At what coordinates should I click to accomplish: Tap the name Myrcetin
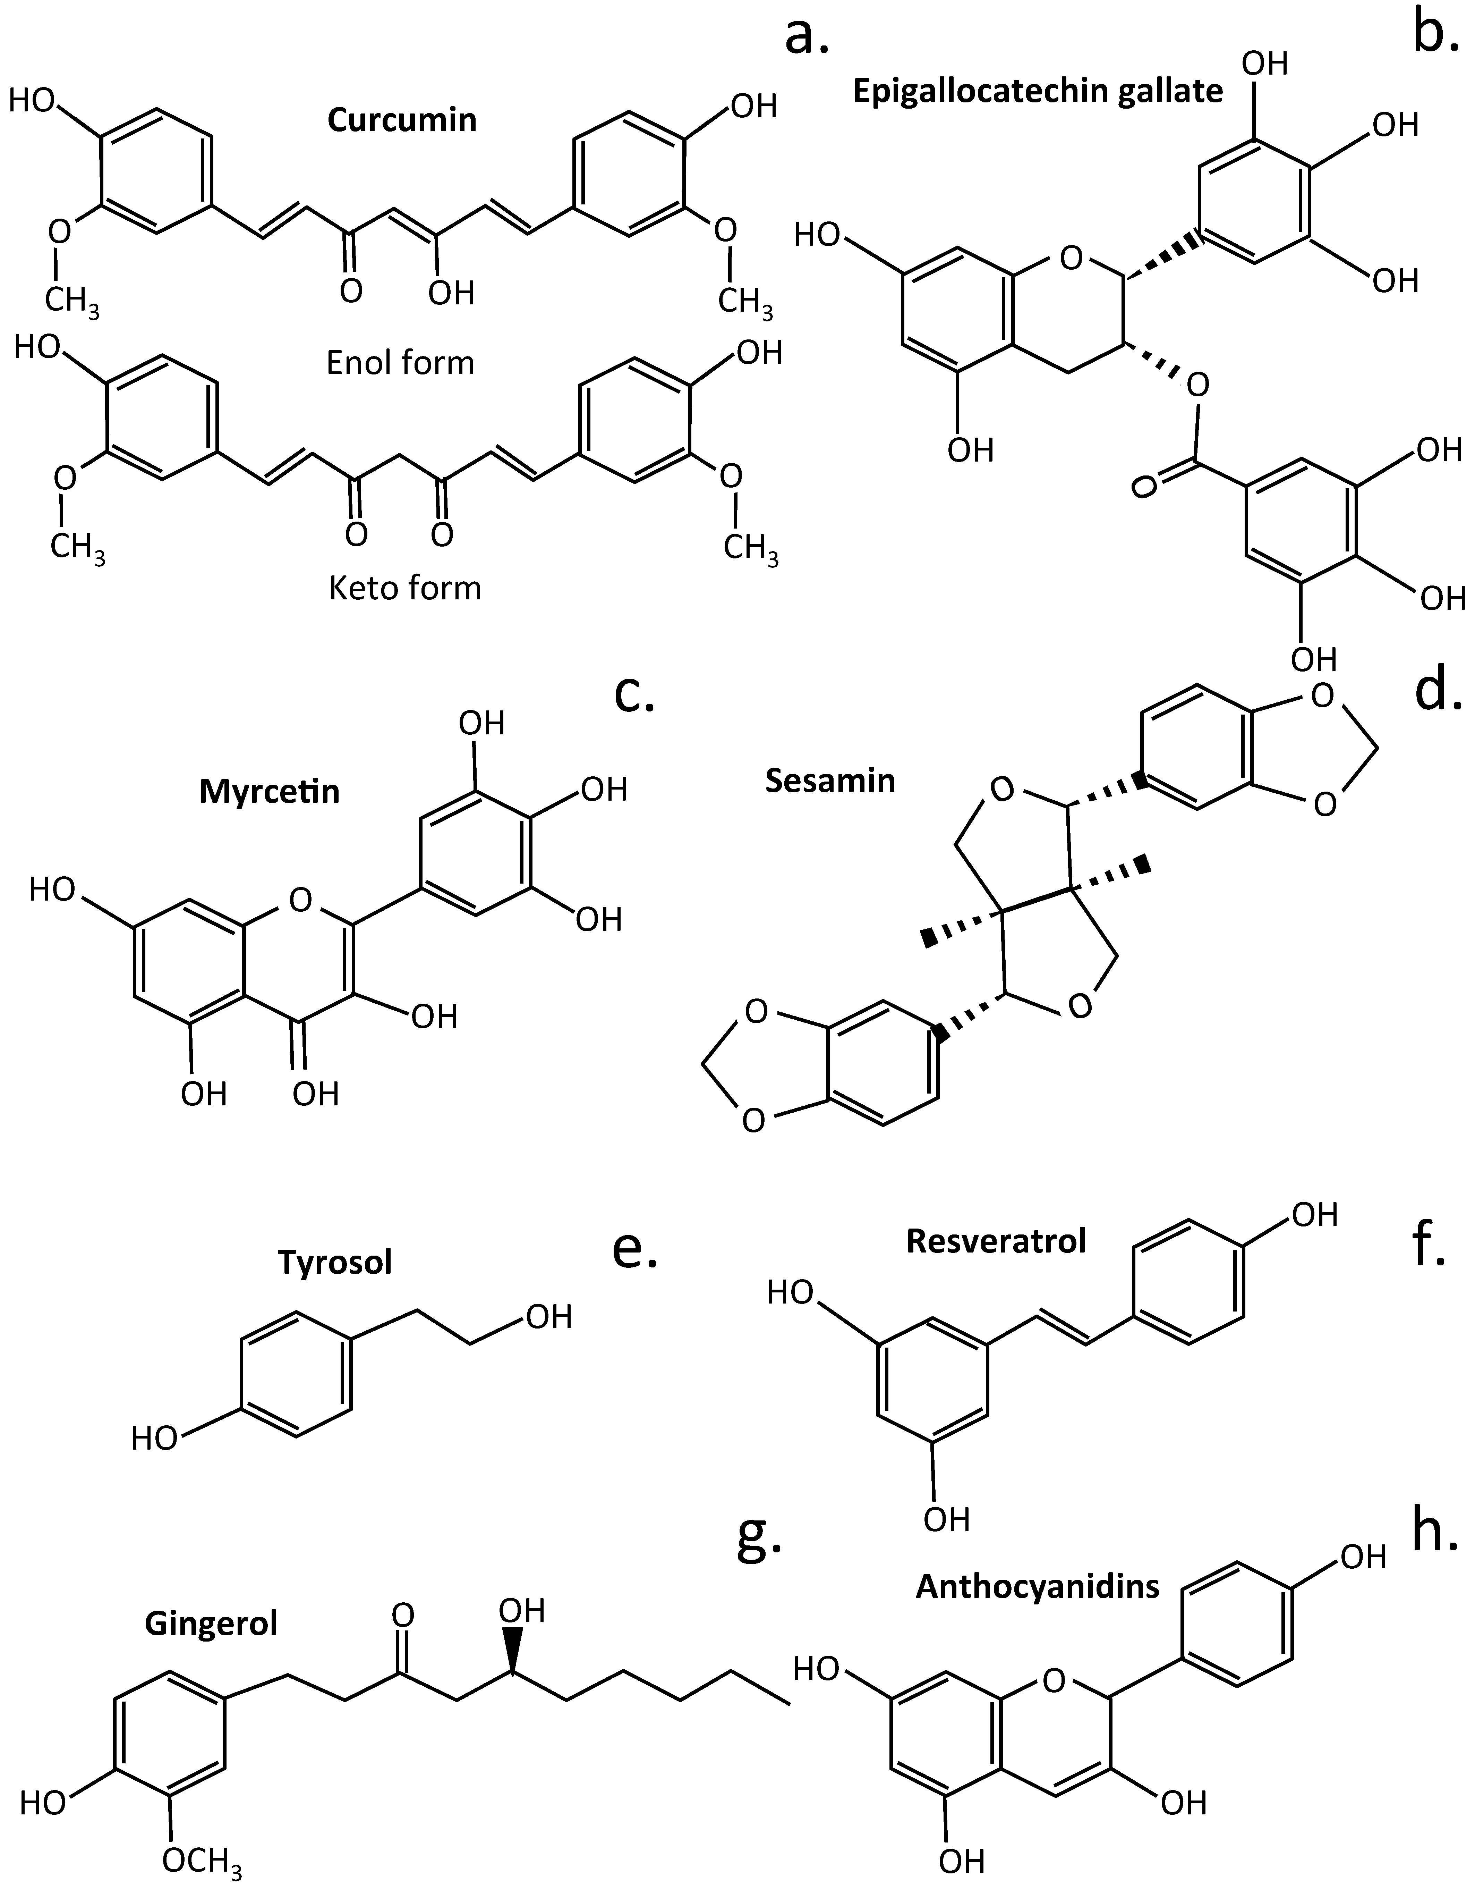point(270,791)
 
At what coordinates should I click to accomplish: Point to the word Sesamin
point(830,781)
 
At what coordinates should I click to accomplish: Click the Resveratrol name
point(996,1241)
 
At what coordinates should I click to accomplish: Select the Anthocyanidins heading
point(1038,1586)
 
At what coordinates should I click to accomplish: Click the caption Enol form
point(400,362)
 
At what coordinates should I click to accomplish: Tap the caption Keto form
point(404,588)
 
